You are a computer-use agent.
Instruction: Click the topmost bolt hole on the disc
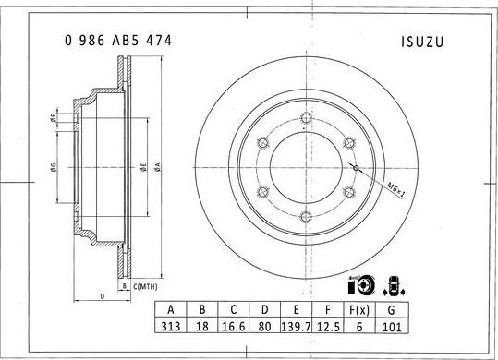tap(305, 117)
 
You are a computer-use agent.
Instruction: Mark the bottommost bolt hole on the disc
tap(305, 216)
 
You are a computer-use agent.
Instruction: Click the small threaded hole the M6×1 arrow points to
tap(356, 167)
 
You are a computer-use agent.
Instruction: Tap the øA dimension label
tap(157, 167)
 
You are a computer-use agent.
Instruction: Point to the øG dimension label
tap(54, 167)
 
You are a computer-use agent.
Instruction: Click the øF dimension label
tap(53, 118)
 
